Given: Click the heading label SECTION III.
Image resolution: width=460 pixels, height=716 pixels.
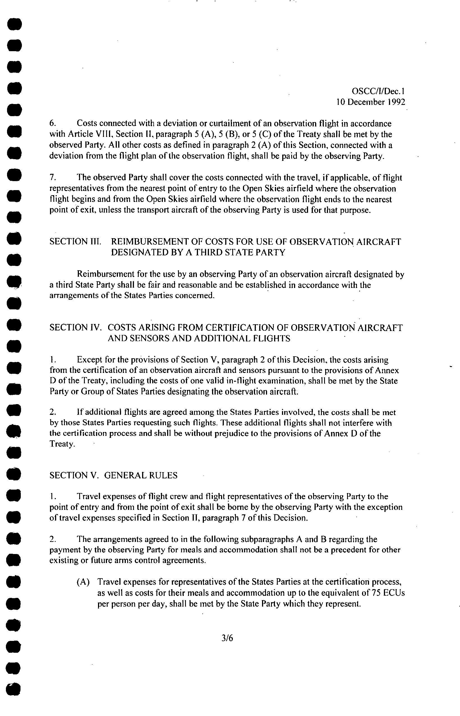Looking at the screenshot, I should point(75,242).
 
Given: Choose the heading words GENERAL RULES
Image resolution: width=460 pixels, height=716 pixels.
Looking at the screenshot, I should point(141,476).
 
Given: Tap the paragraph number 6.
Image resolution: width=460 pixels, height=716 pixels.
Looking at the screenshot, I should point(53,123).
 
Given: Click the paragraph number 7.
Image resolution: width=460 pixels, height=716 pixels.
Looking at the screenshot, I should point(53,178).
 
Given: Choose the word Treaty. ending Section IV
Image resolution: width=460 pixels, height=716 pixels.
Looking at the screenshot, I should point(62,444).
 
